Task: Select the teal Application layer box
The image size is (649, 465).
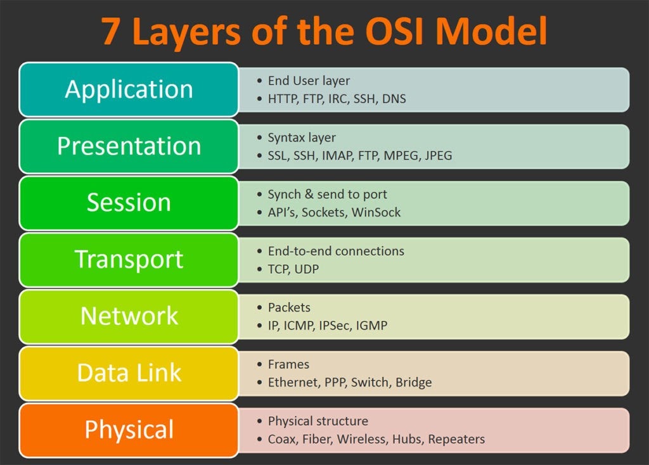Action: [129, 89]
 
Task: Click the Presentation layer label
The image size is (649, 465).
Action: [129, 146]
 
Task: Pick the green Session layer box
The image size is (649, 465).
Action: [129, 203]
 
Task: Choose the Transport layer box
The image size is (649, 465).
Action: [129, 259]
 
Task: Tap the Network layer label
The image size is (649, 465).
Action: [129, 315]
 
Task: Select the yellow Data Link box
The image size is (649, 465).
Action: [129, 373]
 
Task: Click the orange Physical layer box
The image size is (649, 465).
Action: [129, 430]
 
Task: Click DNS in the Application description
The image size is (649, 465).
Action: [394, 99]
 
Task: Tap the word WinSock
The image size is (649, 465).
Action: [376, 212]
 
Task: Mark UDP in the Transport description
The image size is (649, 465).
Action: [306, 269]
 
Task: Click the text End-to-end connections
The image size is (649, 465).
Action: [336, 251]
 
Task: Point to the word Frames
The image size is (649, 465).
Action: [288, 364]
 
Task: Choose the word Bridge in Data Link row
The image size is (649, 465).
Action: [413, 383]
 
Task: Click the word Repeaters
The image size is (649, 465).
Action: [456, 439]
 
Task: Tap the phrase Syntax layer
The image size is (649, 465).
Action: [302, 137]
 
